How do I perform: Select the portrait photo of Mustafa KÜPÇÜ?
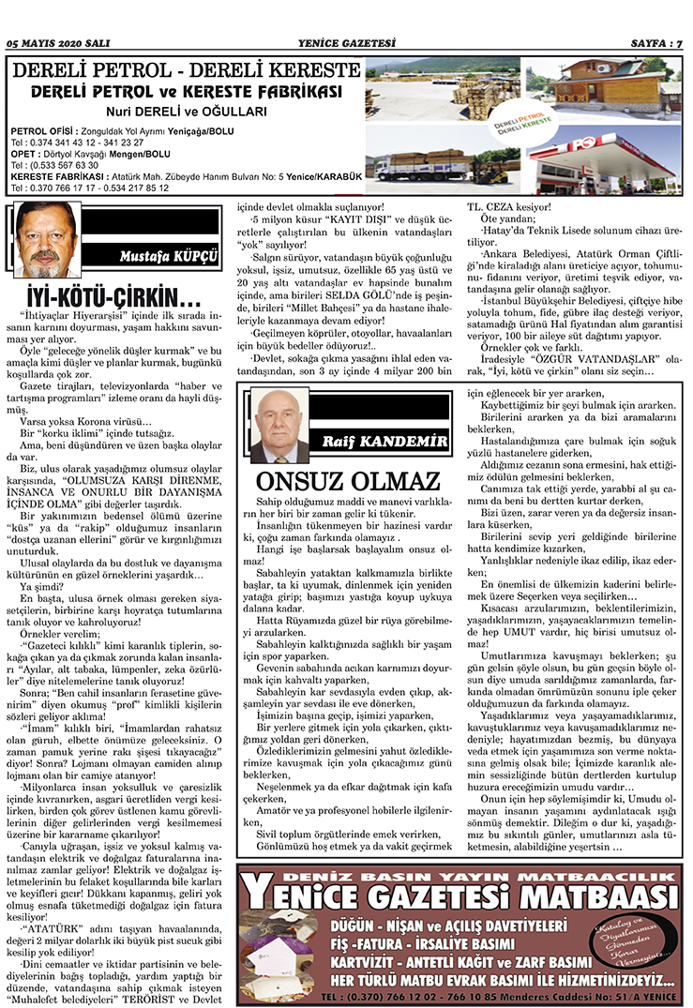point(46,240)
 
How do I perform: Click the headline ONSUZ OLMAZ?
point(348,482)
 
